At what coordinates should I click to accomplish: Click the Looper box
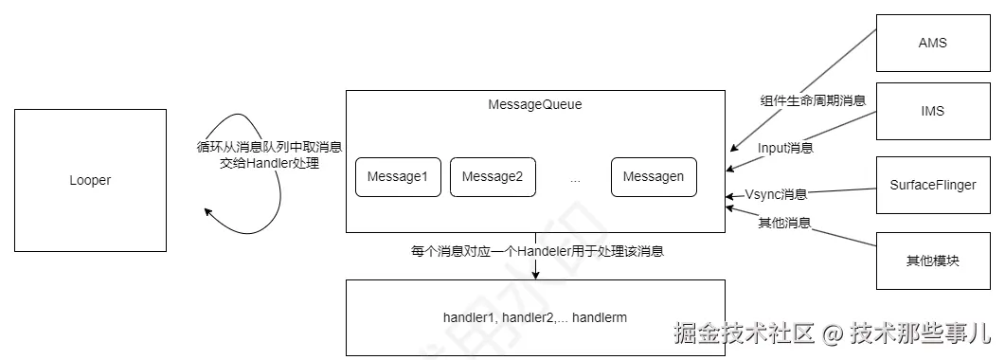click(90, 180)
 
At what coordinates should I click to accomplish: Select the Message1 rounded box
click(398, 177)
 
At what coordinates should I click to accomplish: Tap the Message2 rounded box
click(493, 177)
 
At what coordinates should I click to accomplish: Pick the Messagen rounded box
click(654, 177)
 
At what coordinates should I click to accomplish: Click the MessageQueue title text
click(534, 104)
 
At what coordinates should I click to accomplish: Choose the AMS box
click(932, 43)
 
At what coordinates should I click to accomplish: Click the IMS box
click(932, 111)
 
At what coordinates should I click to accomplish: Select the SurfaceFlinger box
click(932, 185)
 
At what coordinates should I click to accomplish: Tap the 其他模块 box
click(932, 260)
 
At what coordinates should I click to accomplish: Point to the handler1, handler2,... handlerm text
click(535, 316)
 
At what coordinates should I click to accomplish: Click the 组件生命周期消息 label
click(813, 99)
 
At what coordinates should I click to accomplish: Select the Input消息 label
click(785, 148)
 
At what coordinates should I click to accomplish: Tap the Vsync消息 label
click(776, 194)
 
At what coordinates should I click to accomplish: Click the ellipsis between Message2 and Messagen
click(575, 178)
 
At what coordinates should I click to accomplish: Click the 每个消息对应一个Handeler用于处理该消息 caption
click(537, 251)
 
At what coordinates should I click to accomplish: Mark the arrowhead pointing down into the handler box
click(536, 275)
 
